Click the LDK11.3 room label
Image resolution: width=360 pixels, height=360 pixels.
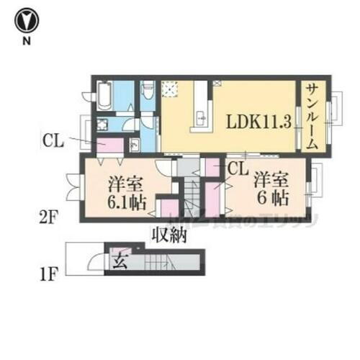[260, 121]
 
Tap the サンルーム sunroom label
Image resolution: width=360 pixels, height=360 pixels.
[312, 115]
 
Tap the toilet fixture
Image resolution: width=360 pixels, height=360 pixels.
[149, 91]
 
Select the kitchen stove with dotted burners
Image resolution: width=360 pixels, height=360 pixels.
[171, 89]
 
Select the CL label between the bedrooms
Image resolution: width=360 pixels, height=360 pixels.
[238, 169]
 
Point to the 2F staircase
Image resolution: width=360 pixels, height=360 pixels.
[190, 194]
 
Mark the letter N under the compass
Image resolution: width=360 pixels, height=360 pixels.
[26, 41]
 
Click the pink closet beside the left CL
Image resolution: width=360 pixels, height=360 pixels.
[107, 144]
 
